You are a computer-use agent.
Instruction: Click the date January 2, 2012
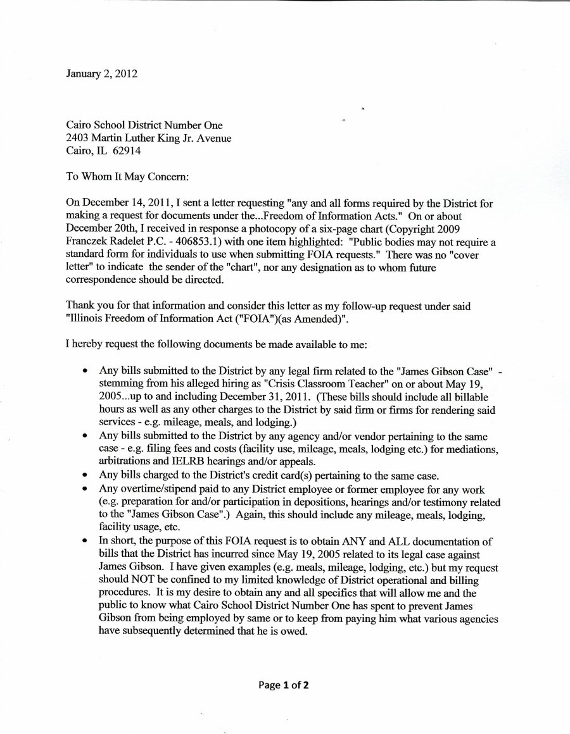pos(101,73)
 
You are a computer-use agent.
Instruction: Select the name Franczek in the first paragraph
pos(89,244)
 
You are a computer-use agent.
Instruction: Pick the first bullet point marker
pos(84,369)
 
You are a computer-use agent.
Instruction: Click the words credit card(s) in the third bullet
pos(292,475)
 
